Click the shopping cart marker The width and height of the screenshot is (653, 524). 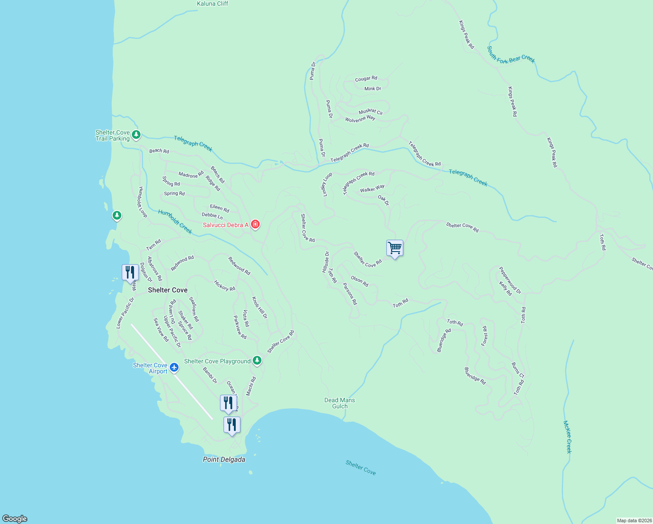point(395,248)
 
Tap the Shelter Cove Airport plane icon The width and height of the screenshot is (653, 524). point(175,367)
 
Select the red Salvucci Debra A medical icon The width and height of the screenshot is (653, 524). point(255,224)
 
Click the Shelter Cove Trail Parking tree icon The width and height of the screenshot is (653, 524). point(136,134)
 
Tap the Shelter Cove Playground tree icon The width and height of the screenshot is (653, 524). point(257,360)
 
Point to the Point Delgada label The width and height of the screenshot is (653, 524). point(224,459)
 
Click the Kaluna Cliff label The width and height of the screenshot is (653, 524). point(213,3)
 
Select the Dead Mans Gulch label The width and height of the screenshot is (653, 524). point(340,403)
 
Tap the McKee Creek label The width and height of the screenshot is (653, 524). point(567,437)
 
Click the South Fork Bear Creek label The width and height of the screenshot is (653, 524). point(511,55)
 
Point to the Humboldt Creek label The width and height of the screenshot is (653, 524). point(175,221)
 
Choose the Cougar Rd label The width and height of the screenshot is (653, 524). point(366,79)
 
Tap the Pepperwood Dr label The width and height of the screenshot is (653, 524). point(510,280)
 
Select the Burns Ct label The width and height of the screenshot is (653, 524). point(518,369)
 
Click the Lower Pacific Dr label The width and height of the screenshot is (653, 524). point(125,313)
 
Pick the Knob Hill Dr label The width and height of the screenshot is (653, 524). point(259,307)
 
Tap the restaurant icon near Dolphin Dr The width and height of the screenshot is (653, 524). point(130,272)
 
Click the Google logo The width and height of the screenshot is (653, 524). point(15,518)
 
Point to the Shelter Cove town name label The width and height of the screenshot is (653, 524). point(168,290)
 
